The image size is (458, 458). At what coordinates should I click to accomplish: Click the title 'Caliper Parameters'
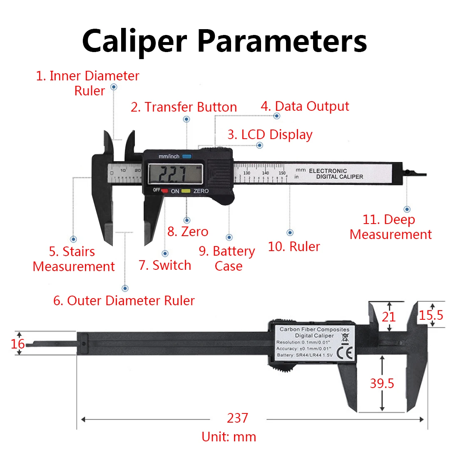(224, 41)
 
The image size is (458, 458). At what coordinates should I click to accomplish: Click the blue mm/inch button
(186, 157)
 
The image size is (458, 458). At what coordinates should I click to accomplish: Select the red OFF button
(164, 191)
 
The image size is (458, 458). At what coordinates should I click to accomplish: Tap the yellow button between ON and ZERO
(186, 191)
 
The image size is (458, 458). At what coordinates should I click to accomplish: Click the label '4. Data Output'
(305, 107)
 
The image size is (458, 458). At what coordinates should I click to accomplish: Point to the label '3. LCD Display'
(270, 134)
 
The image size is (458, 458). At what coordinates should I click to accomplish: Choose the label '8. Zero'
(188, 231)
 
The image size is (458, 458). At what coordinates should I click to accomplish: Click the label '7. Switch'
(165, 265)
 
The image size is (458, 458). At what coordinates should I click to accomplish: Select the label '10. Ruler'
(294, 246)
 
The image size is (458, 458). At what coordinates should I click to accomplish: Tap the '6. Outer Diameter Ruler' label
(124, 301)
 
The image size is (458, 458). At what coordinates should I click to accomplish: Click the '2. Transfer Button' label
(184, 107)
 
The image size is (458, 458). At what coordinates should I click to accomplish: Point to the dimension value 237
(237, 418)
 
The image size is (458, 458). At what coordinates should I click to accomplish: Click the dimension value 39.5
(382, 383)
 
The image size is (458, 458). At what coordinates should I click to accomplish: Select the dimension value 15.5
(431, 315)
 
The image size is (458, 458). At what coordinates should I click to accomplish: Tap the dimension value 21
(388, 317)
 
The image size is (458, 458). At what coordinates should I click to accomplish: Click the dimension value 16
(18, 344)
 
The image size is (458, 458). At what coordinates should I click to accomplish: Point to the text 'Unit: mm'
(229, 437)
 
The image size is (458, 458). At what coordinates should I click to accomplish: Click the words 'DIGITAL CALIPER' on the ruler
(339, 177)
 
